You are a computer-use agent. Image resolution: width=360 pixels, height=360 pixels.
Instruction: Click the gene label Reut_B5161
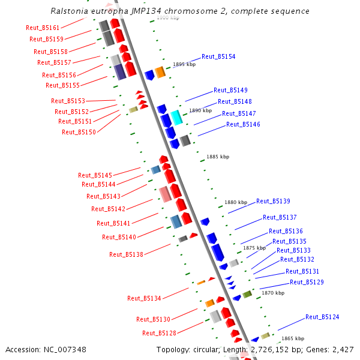pos(43,28)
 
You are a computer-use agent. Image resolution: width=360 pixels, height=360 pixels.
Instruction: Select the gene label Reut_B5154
pos(218,56)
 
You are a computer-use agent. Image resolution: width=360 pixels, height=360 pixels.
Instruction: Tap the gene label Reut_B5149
pos(230,91)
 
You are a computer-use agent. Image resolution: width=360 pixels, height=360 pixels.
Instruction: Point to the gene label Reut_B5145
pos(95,175)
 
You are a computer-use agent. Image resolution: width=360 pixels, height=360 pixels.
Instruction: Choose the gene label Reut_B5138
pos(126,254)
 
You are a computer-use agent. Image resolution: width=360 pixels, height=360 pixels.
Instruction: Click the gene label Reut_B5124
pos(322,317)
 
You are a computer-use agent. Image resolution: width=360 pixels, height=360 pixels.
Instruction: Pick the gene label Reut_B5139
pos(273,202)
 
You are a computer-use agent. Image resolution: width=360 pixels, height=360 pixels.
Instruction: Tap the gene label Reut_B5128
pos(159,333)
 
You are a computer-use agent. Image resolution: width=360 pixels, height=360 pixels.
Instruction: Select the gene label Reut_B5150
pos(79,132)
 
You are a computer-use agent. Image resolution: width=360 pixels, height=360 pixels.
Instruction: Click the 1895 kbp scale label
pos(184,64)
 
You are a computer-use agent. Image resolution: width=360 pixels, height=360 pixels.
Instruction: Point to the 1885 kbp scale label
pos(218,157)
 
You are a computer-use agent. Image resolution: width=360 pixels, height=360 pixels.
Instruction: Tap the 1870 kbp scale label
pos(273,293)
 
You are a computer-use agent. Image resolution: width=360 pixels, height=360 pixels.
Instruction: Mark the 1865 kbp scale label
pos(293,338)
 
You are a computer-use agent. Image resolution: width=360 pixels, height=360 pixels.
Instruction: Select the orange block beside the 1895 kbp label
pos(160,72)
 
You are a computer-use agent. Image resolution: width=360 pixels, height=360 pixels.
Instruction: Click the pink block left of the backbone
pos(165,194)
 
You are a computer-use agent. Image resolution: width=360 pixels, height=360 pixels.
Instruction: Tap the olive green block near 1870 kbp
pos(247,294)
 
